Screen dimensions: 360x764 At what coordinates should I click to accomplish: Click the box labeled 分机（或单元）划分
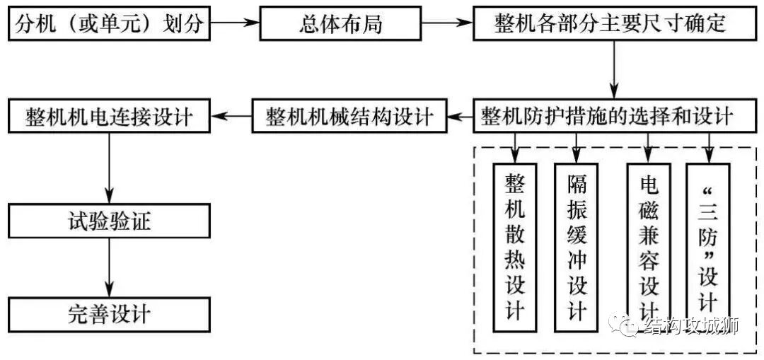tap(109, 24)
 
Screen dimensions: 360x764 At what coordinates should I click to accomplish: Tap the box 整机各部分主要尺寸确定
tap(609, 24)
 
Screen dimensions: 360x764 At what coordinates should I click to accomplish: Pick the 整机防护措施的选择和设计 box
tap(609, 115)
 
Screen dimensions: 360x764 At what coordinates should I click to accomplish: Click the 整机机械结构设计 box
tap(350, 115)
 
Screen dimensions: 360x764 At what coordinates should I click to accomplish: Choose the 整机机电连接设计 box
tap(109, 115)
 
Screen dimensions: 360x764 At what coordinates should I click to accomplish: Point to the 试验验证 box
tap(109, 222)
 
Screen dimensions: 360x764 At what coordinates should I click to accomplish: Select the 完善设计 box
tap(109, 313)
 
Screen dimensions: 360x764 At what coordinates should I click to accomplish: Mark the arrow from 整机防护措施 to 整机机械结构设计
tap(460, 115)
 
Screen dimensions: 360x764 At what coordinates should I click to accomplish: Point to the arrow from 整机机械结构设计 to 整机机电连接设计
tap(231, 115)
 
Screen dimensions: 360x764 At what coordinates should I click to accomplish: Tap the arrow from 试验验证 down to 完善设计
tap(109, 268)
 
